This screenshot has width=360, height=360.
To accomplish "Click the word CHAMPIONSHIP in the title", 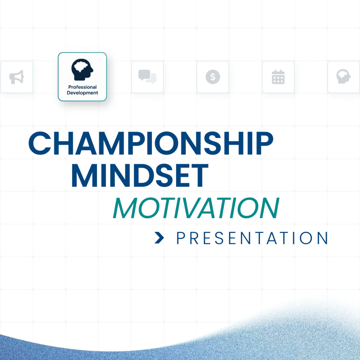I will click(150, 143).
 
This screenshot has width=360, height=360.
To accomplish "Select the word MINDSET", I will click(140, 176).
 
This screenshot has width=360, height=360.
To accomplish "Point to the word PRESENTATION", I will click(252, 238).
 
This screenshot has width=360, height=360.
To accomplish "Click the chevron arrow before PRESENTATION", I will click(159, 238).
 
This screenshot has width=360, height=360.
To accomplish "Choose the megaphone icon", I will click(17, 77).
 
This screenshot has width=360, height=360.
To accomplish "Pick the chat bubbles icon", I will click(147, 77).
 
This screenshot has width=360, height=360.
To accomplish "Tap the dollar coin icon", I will click(213, 77).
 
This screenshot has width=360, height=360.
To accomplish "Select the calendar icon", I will click(278, 77).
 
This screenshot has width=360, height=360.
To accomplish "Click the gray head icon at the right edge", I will click(343, 77).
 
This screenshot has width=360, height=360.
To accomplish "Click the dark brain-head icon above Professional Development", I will click(82, 69).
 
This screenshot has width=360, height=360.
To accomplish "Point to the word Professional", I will click(82, 87).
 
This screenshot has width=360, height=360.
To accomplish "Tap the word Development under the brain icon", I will click(82, 93).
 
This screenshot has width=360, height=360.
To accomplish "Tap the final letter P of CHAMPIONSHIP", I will click(264, 143).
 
